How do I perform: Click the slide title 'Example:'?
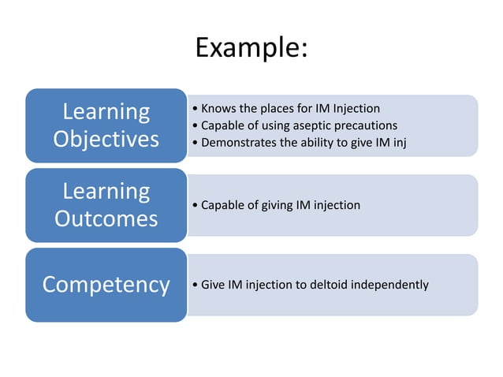(x=251, y=48)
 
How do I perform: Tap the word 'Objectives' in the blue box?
(x=106, y=139)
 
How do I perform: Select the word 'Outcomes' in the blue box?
(x=106, y=218)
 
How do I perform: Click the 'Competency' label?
(x=106, y=284)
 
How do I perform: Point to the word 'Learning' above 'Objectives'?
(x=106, y=112)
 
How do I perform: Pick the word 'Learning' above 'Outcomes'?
(x=106, y=192)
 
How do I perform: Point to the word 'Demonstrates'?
(x=238, y=143)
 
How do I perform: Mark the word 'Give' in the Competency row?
(x=213, y=284)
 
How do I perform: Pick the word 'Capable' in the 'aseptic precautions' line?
(x=222, y=126)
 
